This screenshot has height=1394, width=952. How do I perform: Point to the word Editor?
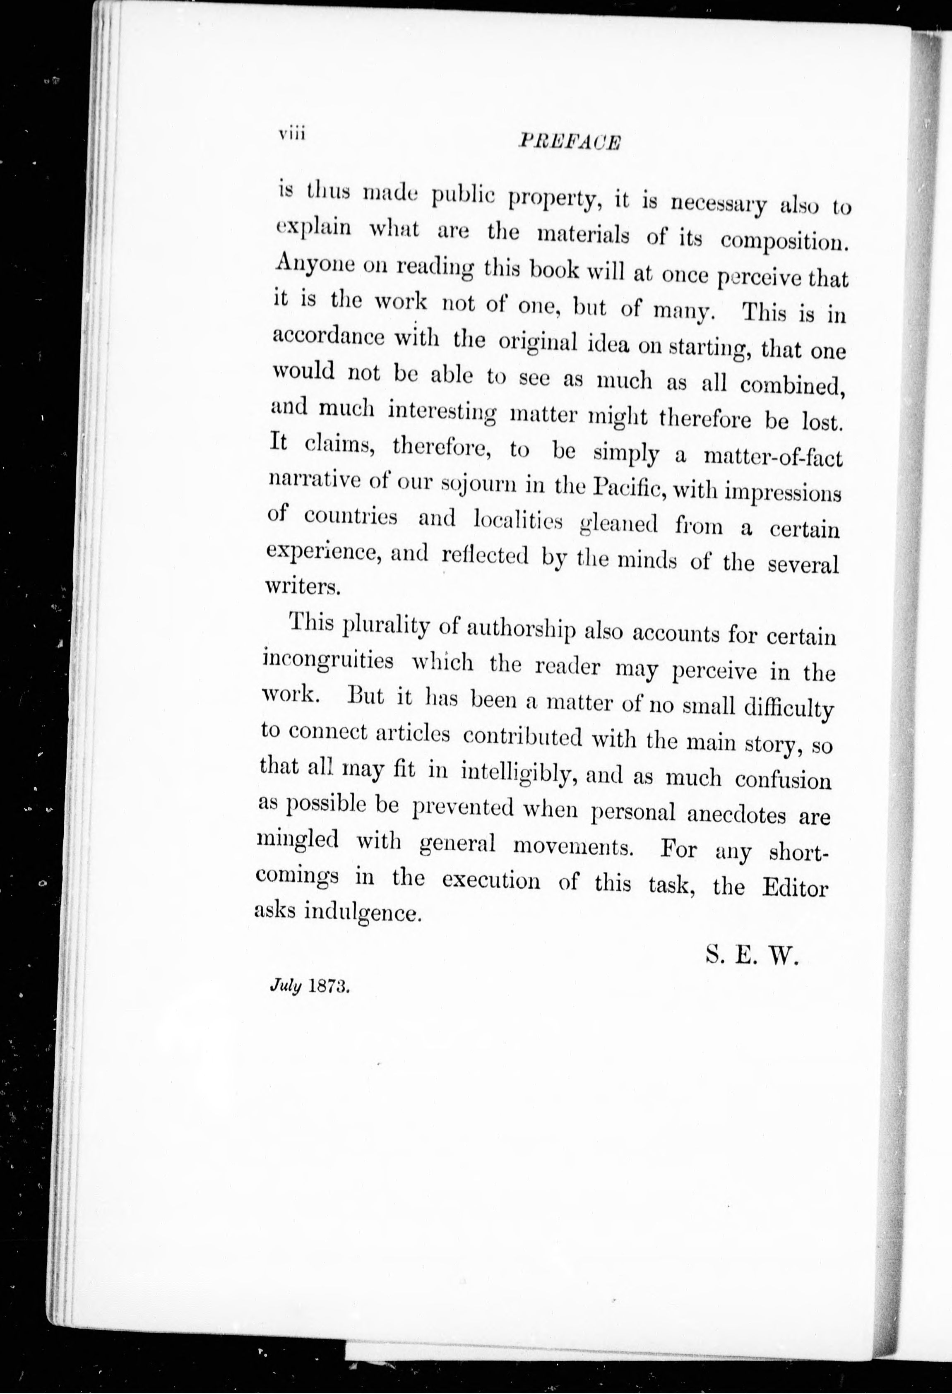(794, 888)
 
